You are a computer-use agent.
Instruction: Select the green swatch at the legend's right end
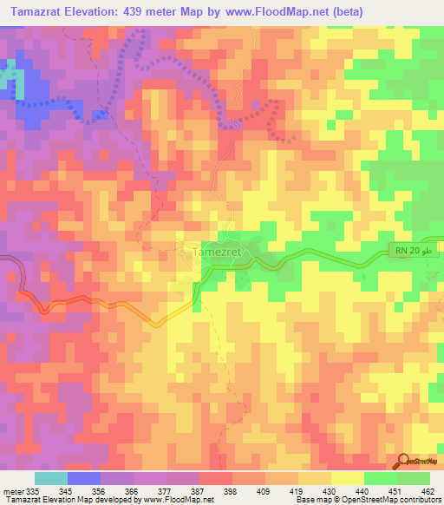[414, 478]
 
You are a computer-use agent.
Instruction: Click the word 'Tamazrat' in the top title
[32, 11]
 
